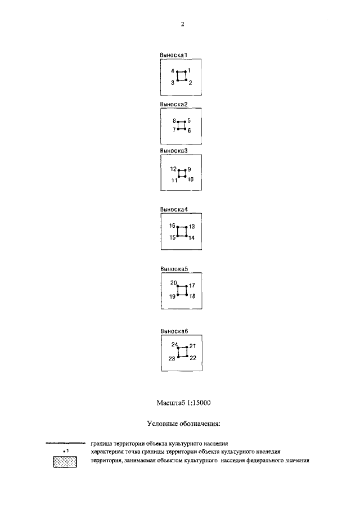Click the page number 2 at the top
(182, 24)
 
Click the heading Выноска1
(174, 55)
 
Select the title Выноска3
(174, 151)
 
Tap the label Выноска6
(174, 331)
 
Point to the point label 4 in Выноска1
(173, 71)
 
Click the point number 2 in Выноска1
(190, 83)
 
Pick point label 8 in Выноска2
(174, 121)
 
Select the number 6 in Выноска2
(189, 130)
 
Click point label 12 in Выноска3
(173, 169)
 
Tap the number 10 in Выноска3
(191, 179)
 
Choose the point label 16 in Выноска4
(172, 226)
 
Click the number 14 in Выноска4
(191, 238)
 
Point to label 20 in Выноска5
(174, 283)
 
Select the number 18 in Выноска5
(192, 296)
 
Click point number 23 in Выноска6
(172, 358)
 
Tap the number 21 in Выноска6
(193, 346)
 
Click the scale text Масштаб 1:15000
(183, 403)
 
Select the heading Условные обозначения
(184, 424)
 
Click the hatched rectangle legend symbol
(65, 462)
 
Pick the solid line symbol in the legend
(65, 443)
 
